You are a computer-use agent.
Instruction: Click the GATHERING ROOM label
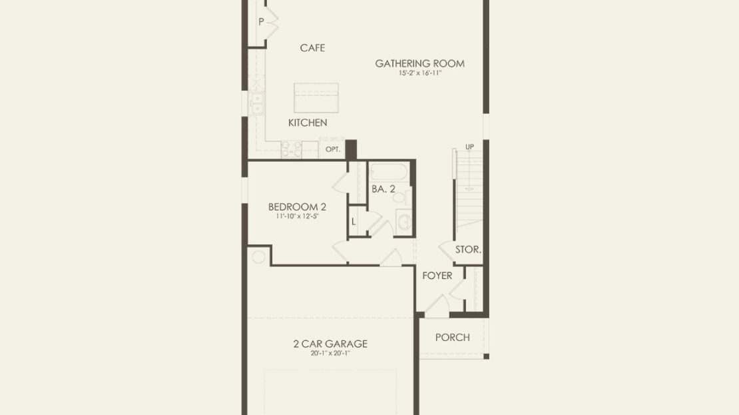click(x=419, y=63)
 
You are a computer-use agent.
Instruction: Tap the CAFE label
click(x=312, y=48)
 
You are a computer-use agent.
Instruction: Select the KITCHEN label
click(x=308, y=123)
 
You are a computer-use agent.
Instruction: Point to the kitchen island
click(x=316, y=98)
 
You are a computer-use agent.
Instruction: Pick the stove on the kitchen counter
click(x=291, y=149)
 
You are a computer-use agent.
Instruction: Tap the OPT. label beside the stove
click(x=333, y=149)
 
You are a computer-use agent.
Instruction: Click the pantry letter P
click(x=261, y=22)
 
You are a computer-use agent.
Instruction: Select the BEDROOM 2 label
click(x=297, y=207)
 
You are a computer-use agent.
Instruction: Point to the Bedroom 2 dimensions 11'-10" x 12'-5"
click(x=297, y=216)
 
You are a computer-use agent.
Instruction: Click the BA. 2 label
click(x=383, y=189)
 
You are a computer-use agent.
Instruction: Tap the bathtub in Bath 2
click(x=388, y=172)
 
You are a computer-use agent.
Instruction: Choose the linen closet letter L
click(x=354, y=222)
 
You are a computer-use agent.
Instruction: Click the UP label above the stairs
click(x=469, y=147)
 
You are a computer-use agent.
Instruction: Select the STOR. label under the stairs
click(x=468, y=250)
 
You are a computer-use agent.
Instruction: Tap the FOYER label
click(x=437, y=275)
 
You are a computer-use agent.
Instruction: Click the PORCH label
click(x=453, y=337)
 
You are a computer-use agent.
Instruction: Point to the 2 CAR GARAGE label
click(x=330, y=344)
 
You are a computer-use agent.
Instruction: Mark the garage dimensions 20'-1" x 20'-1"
click(x=330, y=354)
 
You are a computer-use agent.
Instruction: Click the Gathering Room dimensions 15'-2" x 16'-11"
click(x=420, y=73)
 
